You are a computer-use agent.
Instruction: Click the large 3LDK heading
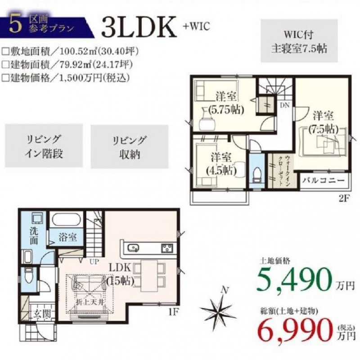(x=139, y=27)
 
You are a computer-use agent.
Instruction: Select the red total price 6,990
(x=296, y=330)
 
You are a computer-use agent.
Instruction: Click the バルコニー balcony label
(x=324, y=180)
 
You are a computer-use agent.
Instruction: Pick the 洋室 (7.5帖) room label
(x=324, y=123)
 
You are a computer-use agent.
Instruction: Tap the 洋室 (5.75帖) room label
(x=226, y=103)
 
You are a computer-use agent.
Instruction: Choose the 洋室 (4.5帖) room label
(x=221, y=164)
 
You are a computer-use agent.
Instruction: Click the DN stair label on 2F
(x=285, y=105)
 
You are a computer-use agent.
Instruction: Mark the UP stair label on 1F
(x=94, y=261)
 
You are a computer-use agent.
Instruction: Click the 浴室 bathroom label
(x=67, y=237)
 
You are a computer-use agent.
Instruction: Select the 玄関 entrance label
(x=42, y=314)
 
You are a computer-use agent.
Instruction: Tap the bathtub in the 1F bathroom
(x=66, y=220)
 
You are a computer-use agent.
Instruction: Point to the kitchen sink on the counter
(x=133, y=248)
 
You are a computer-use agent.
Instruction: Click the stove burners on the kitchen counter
(x=167, y=248)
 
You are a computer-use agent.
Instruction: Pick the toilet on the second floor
(x=256, y=175)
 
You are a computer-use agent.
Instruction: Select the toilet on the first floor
(x=29, y=275)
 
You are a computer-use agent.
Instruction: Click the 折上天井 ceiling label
(x=90, y=302)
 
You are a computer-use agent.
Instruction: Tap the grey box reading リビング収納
(x=130, y=147)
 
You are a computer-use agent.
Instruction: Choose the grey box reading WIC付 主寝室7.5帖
(x=299, y=41)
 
